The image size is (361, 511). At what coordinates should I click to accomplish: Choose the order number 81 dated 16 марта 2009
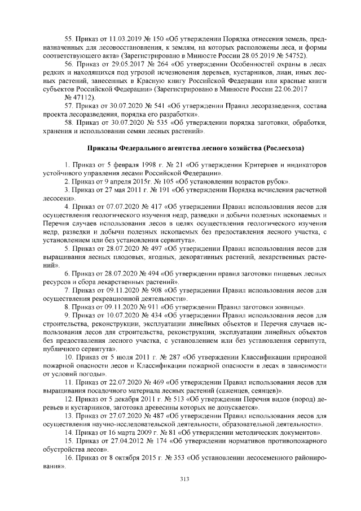[x=161, y=433]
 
